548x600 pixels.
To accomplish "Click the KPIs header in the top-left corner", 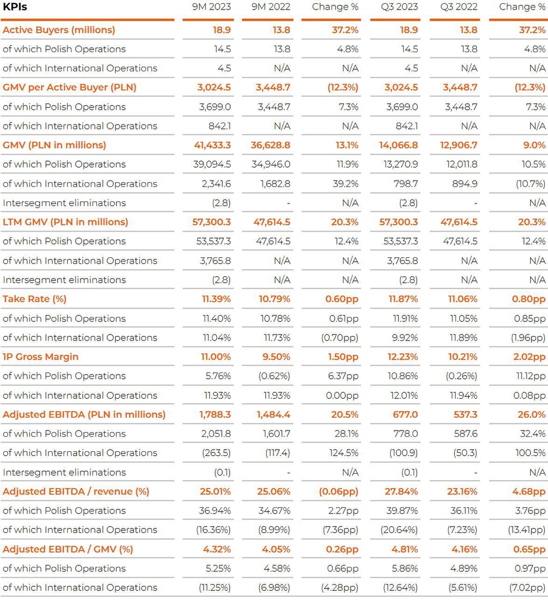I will tap(15, 7).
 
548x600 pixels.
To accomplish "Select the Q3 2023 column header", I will tap(399, 7).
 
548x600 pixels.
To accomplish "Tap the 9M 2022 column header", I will tap(271, 7).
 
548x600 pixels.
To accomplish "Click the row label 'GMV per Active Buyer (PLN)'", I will tap(69, 87).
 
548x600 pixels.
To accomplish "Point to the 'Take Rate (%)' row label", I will tap(35, 299).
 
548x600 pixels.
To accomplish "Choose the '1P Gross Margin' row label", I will tap(41, 357).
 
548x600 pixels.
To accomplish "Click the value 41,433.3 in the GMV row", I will tap(212, 145).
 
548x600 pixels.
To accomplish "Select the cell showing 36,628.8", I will tap(271, 145).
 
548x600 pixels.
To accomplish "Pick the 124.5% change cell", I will tap(344, 453).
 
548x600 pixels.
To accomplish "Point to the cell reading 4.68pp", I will tap(529, 491).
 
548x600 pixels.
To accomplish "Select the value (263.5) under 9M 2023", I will tap(216, 453).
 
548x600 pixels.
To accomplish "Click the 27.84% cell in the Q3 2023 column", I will tap(402, 491).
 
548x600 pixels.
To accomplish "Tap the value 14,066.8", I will tap(398, 145).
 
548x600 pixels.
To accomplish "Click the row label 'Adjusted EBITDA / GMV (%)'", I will tap(68, 549).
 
